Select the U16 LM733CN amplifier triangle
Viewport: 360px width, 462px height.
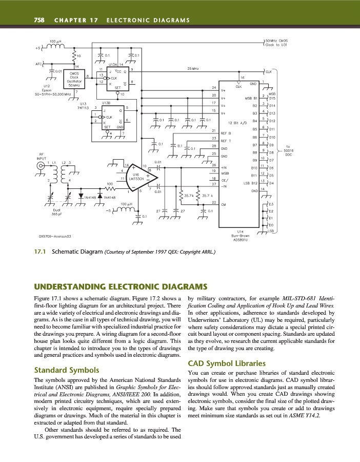point(139,177)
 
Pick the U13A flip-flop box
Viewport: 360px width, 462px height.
point(118,79)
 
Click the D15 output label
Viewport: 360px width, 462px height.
point(272,99)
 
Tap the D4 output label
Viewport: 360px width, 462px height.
point(271,183)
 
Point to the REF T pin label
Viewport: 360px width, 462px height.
point(226,140)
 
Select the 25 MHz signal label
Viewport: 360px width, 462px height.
point(194,68)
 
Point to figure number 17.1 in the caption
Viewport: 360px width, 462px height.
point(40,252)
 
